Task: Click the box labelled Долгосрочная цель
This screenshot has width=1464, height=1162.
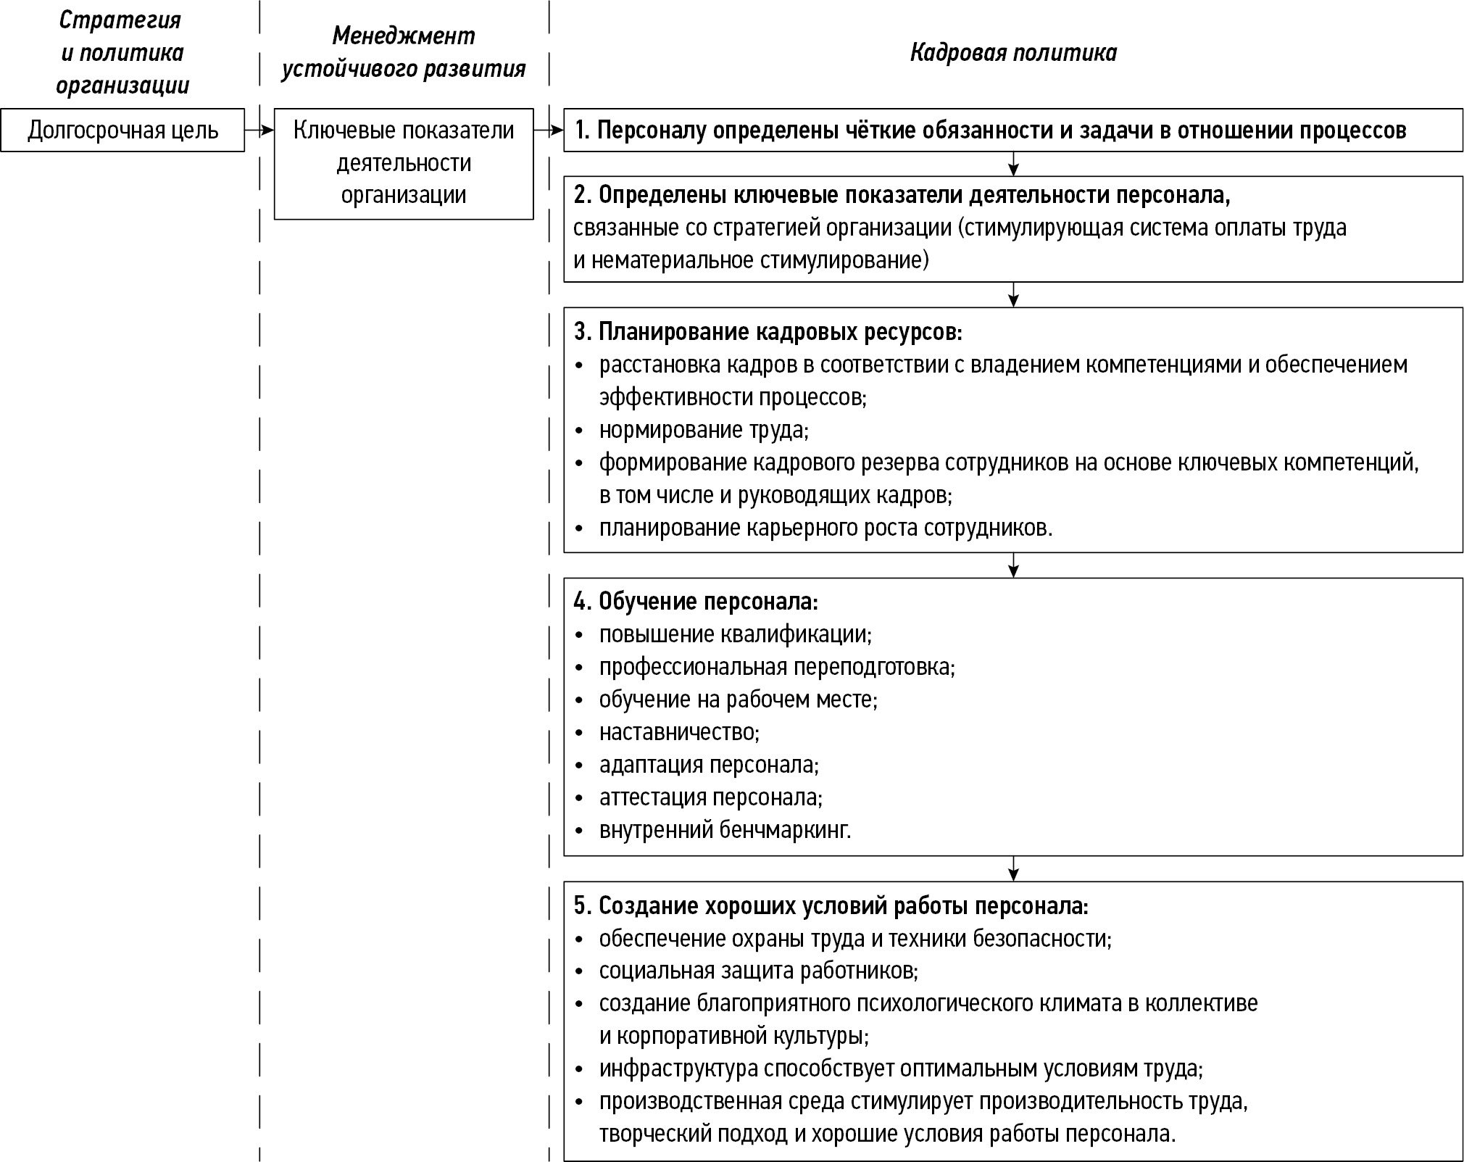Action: [122, 130]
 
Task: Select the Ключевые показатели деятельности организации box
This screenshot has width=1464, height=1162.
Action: [404, 163]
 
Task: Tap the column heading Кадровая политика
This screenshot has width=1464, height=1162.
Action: [1013, 53]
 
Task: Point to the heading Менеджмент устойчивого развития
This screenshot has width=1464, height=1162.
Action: [404, 52]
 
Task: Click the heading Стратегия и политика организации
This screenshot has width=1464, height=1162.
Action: [122, 52]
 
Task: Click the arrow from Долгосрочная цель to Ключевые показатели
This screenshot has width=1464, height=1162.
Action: [259, 130]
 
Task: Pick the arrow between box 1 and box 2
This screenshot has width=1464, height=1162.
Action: [1013, 164]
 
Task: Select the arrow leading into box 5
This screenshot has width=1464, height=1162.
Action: [1013, 868]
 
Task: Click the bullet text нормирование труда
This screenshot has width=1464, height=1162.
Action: [703, 430]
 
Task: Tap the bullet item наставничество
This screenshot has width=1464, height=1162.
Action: [678, 732]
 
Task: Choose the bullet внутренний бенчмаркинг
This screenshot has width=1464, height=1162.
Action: [725, 830]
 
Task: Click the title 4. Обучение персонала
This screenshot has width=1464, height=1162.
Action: [696, 602]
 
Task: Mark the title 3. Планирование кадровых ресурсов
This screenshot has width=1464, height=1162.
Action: [768, 332]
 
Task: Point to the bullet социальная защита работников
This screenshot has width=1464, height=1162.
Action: [758, 971]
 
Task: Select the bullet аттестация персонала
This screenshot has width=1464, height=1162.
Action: [710, 797]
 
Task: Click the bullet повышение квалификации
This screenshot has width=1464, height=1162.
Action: [735, 634]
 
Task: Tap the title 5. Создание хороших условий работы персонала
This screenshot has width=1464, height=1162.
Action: [831, 906]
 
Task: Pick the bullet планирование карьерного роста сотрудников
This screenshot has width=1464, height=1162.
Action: [825, 528]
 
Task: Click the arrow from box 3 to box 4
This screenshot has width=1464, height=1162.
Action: [1013, 565]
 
